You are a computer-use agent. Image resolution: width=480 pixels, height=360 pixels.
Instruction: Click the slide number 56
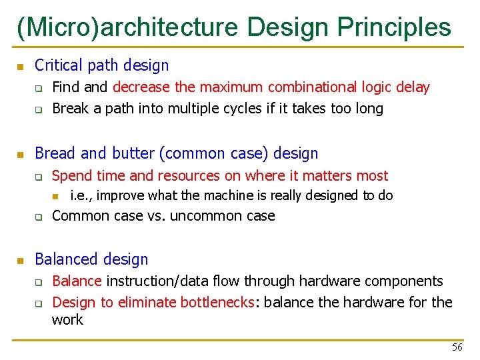click(457, 347)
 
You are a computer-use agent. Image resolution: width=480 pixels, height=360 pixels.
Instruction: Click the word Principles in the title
click(394, 27)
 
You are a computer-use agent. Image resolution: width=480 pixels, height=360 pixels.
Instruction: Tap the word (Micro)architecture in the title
click(127, 27)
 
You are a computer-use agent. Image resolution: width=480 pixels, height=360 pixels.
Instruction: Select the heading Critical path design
click(101, 65)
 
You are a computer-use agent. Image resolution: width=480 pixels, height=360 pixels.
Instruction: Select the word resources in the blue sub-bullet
click(189, 175)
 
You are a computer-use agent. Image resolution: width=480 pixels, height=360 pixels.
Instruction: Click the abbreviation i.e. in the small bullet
click(81, 196)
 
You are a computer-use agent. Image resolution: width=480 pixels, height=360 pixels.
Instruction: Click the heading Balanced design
click(91, 259)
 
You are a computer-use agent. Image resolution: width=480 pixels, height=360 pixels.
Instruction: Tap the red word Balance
click(77, 281)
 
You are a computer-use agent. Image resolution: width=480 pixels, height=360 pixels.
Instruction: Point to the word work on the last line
click(67, 320)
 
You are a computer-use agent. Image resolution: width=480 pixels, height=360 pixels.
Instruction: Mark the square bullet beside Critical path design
click(20, 66)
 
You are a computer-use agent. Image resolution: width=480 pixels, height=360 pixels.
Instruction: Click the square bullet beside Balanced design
click(20, 260)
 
